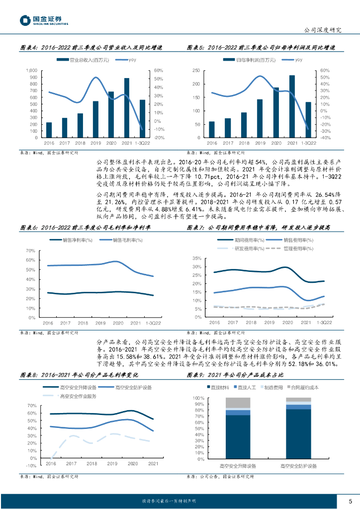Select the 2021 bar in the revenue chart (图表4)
click(127, 107)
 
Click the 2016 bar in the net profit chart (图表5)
click(212, 129)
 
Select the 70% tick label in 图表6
click(30, 251)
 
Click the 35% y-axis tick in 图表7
click(195, 258)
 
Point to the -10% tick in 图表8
click(30, 466)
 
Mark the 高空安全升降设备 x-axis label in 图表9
click(238, 466)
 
